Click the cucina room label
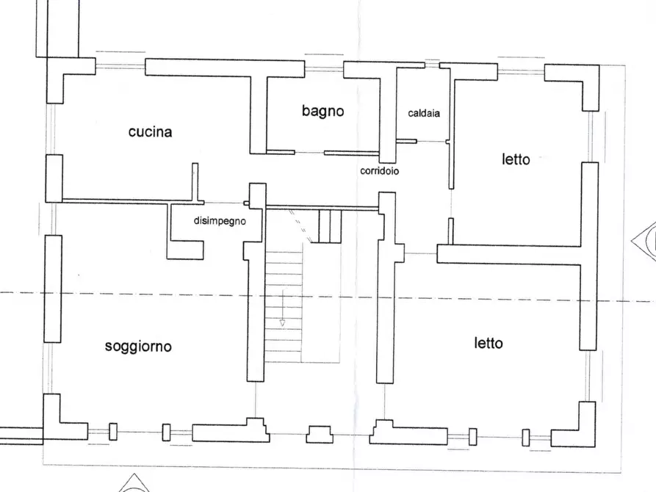[150, 132]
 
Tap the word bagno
[322, 112]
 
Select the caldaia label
[424, 113]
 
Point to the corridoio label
[379, 171]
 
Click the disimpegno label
[220, 220]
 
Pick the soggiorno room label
[138, 346]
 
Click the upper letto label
[516, 159]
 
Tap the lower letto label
[489, 343]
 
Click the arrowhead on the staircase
[281, 322]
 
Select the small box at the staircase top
[330, 225]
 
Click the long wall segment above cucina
[224, 68]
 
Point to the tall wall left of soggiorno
[52, 288]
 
